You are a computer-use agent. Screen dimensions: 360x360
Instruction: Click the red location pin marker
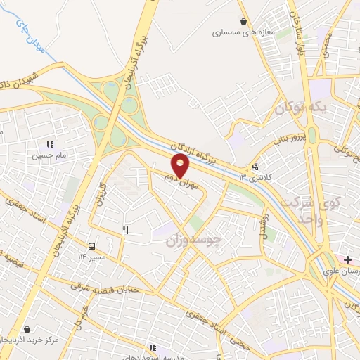pos(181,165)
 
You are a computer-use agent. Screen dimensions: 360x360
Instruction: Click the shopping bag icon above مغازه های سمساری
pos(243,22)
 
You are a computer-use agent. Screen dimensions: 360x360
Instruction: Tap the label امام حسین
pos(49,157)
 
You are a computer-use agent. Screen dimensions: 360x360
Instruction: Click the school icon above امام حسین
pos(49,146)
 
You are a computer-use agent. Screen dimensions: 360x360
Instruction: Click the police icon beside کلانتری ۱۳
pos(255,167)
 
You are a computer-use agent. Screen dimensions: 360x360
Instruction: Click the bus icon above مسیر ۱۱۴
pos(91,246)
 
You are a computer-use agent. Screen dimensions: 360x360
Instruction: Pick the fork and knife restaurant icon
pos(126,229)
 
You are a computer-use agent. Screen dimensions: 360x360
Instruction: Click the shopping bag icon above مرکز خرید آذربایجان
pos(27,329)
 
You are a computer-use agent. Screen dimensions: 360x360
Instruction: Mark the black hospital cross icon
pos(347,259)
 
